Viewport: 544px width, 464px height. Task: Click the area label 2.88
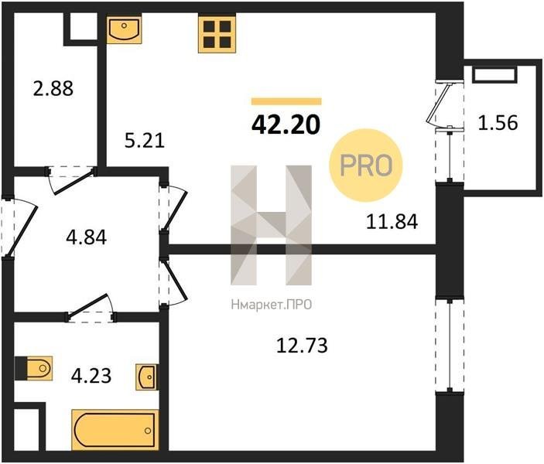click(x=53, y=88)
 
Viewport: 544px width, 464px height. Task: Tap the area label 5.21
click(x=145, y=141)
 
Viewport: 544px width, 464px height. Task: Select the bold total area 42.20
click(x=286, y=125)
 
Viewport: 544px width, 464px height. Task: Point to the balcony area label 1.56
click(x=498, y=122)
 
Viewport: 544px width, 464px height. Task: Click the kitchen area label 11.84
click(x=392, y=222)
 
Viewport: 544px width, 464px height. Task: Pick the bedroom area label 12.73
click(x=302, y=346)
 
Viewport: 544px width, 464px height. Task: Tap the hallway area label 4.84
click(x=87, y=237)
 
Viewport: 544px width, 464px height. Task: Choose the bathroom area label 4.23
click(x=91, y=376)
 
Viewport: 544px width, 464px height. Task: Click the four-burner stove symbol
click(x=217, y=33)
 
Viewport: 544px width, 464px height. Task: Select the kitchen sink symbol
click(x=124, y=29)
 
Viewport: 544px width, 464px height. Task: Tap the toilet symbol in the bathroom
click(x=33, y=368)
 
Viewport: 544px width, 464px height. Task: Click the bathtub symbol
click(x=115, y=430)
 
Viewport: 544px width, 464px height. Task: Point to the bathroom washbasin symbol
click(x=147, y=377)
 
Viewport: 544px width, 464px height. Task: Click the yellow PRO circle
click(x=366, y=165)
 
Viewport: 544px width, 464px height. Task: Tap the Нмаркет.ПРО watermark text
click(x=272, y=305)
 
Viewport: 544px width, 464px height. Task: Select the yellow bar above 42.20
click(x=286, y=101)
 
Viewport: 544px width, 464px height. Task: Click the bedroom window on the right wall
click(x=450, y=346)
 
